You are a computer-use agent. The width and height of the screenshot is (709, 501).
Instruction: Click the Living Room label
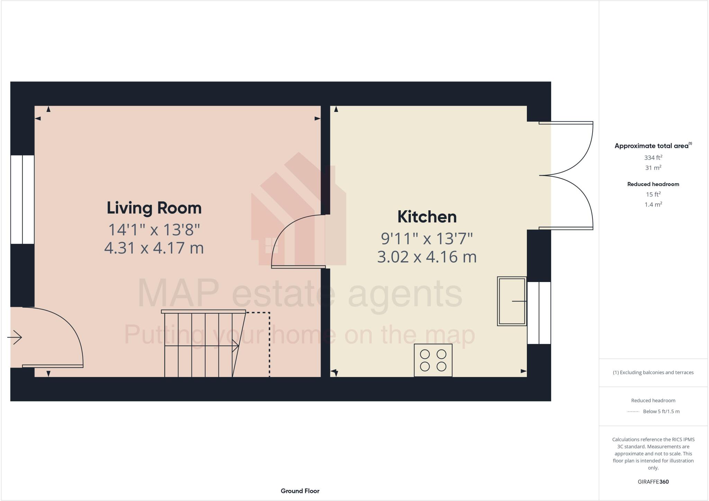click(x=154, y=208)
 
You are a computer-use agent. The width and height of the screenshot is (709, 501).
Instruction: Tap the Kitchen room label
click(x=427, y=217)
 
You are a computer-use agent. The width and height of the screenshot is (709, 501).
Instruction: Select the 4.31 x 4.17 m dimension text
click(x=154, y=248)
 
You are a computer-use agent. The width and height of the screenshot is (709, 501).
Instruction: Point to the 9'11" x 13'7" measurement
click(x=427, y=238)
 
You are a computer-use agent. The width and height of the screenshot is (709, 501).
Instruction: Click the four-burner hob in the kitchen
click(x=433, y=360)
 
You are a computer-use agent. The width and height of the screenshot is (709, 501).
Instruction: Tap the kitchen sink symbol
click(x=512, y=301)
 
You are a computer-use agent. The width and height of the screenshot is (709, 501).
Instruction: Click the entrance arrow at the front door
click(x=15, y=337)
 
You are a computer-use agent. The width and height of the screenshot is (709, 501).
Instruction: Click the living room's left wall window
click(x=23, y=200)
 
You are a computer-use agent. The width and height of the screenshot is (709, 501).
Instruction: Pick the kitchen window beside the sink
click(x=539, y=313)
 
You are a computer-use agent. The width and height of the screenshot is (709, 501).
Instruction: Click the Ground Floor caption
click(x=300, y=491)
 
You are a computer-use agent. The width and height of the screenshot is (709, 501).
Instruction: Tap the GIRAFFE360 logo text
click(x=653, y=482)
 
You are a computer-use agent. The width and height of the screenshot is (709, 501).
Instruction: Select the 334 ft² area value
click(x=653, y=158)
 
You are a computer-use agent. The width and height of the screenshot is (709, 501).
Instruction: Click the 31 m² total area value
click(x=653, y=168)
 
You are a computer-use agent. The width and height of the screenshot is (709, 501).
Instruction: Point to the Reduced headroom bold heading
click(x=653, y=184)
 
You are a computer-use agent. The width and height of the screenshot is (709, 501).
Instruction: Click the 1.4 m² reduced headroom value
click(x=653, y=204)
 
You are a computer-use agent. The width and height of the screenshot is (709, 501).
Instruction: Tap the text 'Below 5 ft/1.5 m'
click(x=661, y=412)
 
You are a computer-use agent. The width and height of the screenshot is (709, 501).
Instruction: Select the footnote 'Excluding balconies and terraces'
click(x=653, y=372)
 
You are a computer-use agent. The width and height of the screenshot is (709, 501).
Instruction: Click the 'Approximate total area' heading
click(x=651, y=146)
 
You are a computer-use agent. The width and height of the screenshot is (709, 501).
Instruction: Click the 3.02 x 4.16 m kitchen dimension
click(x=427, y=257)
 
